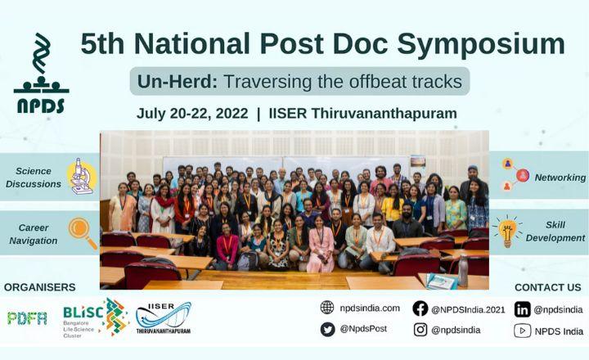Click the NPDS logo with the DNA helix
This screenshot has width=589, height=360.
tap(42, 74)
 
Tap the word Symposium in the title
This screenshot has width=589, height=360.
tap(481, 45)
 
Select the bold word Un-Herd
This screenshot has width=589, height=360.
tap(178, 82)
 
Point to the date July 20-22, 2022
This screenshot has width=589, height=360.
tap(192, 113)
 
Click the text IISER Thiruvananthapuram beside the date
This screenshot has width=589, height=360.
tap(363, 114)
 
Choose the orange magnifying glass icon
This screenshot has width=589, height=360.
tap(83, 233)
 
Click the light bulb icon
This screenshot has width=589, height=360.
tap(506, 231)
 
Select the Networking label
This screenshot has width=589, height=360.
tap(560, 178)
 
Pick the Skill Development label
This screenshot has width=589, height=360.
tap(555, 231)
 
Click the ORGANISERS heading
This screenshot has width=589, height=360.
tap(40, 287)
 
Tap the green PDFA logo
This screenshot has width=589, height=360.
tap(27, 318)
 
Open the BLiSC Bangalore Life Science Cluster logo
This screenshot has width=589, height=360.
tap(96, 318)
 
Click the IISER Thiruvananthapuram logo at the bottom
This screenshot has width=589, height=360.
tap(164, 318)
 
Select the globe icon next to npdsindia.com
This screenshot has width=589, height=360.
tap(327, 308)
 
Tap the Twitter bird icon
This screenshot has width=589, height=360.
tap(327, 329)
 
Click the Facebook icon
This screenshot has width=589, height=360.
tap(420, 308)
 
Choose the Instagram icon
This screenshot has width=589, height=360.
tap(420, 330)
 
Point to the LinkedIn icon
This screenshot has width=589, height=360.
tap(522, 309)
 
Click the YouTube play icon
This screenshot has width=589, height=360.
tap(522, 331)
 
